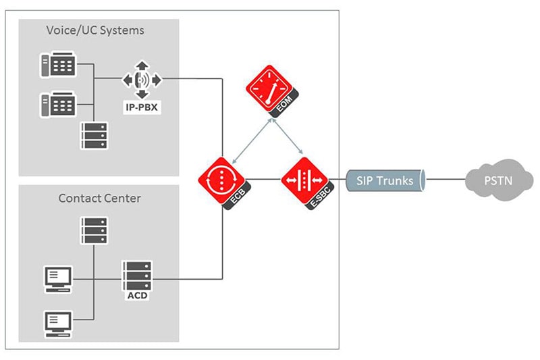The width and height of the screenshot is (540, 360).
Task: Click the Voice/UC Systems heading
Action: [x=95, y=30]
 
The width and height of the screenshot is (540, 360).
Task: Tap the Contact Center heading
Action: [x=99, y=198]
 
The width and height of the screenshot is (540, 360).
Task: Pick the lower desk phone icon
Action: [x=57, y=105]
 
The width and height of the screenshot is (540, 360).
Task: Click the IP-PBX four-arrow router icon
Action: [x=142, y=80]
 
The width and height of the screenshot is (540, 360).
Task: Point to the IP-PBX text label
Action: [x=142, y=107]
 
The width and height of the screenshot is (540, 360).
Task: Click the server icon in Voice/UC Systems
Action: [x=94, y=135]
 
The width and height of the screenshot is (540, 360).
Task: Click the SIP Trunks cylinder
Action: [x=385, y=180]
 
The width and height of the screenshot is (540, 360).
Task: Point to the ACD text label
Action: [x=136, y=295]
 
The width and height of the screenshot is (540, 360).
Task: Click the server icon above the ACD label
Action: [x=137, y=276]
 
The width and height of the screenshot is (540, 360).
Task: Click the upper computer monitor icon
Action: [x=57, y=278]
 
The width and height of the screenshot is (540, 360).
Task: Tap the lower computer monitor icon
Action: [x=57, y=323]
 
